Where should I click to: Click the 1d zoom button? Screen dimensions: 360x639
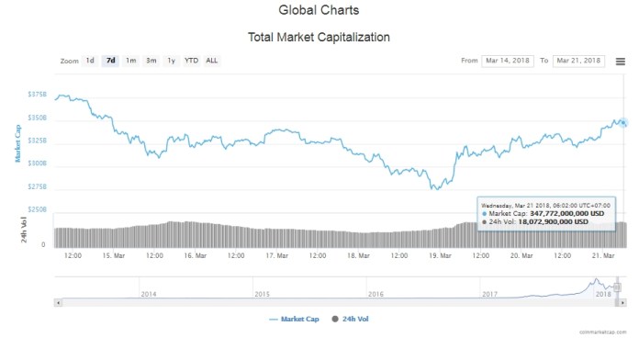point(90,61)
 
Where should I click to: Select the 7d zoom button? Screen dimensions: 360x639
point(111,61)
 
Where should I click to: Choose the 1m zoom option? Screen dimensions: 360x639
point(131,61)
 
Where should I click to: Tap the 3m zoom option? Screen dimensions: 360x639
point(151,61)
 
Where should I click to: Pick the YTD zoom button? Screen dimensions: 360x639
point(191,61)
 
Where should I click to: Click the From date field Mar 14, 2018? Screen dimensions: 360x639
point(508,61)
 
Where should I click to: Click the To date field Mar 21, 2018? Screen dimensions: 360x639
point(578,61)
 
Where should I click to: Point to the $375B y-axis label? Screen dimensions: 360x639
point(37,95)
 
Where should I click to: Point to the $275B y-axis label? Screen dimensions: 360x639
point(37,186)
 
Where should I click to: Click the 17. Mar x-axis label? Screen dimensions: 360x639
point(278,256)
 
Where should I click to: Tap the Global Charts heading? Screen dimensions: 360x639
point(319,11)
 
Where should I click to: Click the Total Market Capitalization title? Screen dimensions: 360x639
point(319,38)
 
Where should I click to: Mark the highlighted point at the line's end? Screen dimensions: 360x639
point(622,123)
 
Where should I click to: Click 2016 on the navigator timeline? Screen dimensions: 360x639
point(376,294)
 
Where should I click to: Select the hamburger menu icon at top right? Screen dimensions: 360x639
point(621,61)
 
